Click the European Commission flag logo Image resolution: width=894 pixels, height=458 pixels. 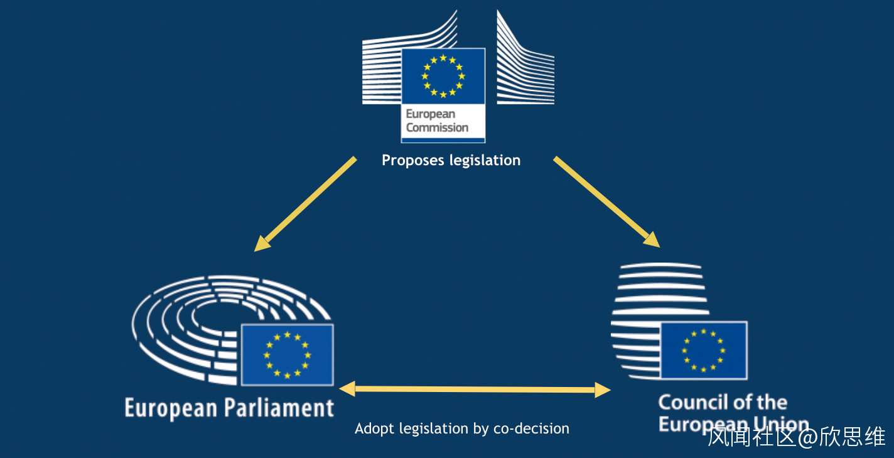443,76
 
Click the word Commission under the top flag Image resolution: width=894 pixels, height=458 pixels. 437,128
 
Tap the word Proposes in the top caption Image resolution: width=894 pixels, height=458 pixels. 413,161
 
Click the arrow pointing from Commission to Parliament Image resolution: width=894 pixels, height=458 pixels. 305,204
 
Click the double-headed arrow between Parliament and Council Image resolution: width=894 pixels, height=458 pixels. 474,390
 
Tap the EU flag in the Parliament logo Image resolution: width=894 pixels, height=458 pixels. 287,355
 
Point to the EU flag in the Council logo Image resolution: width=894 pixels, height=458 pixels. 703,350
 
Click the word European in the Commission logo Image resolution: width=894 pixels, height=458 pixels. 430,114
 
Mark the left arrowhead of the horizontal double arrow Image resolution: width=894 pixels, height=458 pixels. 347,388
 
